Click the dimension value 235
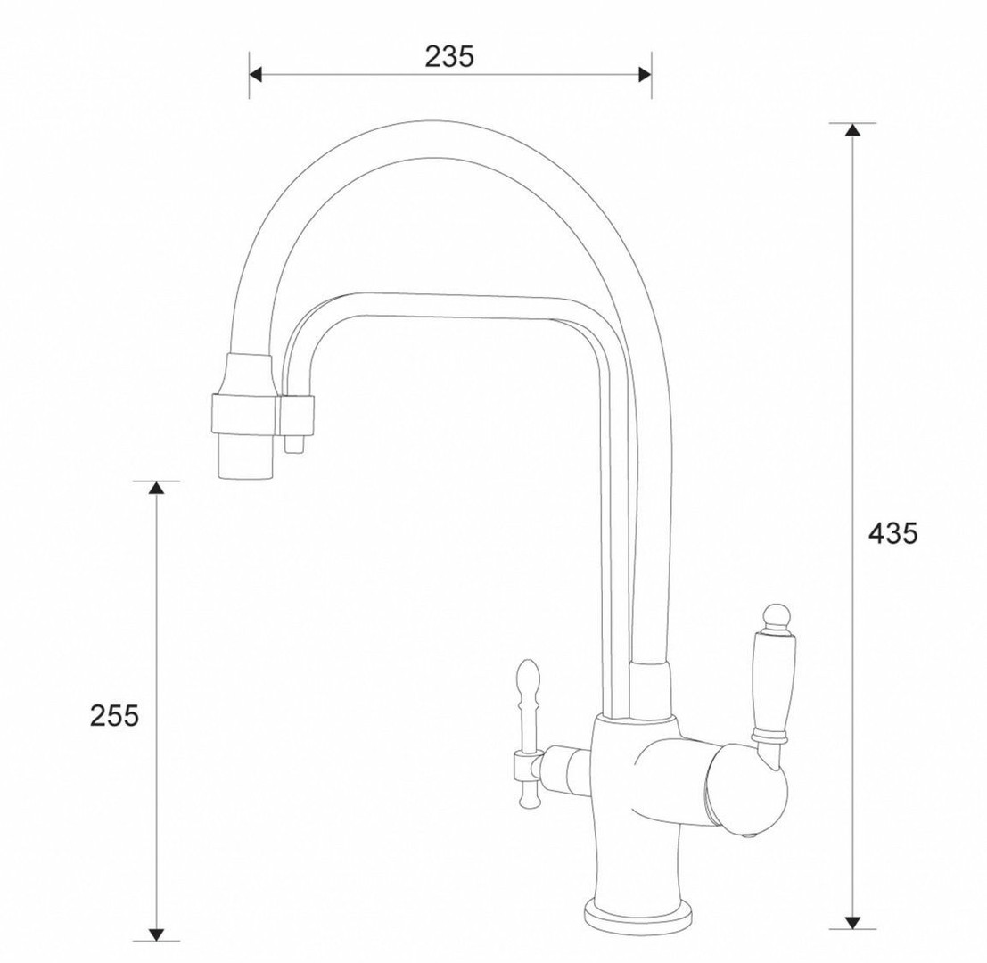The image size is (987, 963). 448,57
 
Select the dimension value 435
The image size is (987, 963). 893,534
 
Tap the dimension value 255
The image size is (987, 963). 114,716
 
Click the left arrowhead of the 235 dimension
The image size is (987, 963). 255,75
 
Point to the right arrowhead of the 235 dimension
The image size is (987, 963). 645,75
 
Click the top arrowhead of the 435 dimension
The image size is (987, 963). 852,129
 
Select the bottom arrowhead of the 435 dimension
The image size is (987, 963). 852,922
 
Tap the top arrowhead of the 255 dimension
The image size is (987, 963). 156,487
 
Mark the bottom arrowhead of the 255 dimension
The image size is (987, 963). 156,934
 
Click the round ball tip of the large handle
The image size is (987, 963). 775,615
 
